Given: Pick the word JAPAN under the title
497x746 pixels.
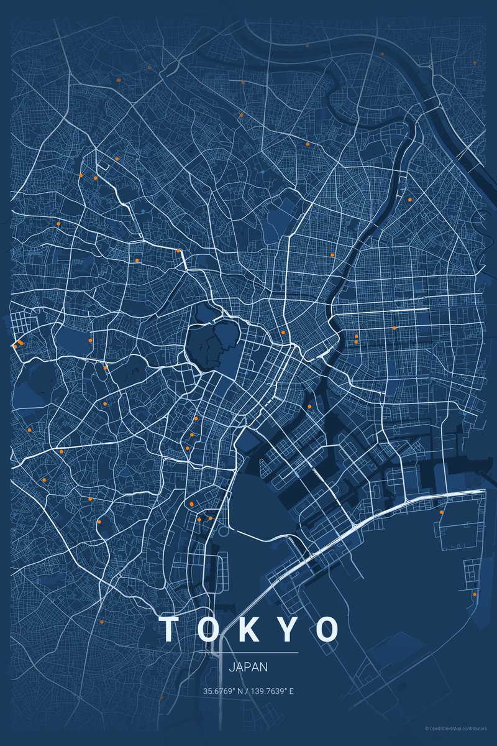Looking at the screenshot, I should point(248,667).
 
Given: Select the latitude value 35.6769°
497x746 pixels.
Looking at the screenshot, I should point(218,691).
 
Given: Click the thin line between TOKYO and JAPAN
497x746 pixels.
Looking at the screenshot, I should point(248,653).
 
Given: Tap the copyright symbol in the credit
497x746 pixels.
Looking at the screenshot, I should point(427,728).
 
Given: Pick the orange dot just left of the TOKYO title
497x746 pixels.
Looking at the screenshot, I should point(101,621).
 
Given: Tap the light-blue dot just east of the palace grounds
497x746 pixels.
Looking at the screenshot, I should point(247,372).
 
